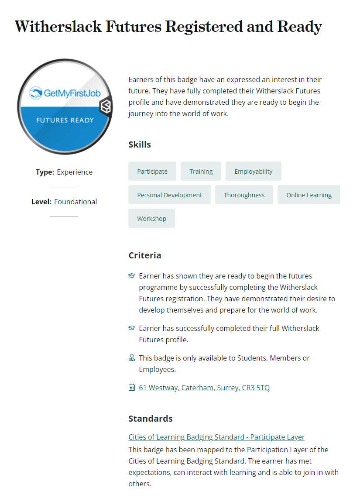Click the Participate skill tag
pos(152,172)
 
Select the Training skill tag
pos(201,172)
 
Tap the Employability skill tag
pos(253,172)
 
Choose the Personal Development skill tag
pos(169,195)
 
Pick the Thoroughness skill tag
pos(244,195)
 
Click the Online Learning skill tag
pos(309,195)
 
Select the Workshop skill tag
pos(151,219)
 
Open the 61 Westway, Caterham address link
pos(204,388)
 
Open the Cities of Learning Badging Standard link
pos(216,437)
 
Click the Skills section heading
pos(140,144)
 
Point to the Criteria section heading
pos(145,255)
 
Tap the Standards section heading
pos(151,419)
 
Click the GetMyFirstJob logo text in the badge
pos(65,93)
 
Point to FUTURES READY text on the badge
pos(65,120)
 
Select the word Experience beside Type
pos(75,172)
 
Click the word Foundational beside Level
pos(75,202)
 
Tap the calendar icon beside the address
pos(132,387)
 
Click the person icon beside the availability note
pos(132,358)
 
